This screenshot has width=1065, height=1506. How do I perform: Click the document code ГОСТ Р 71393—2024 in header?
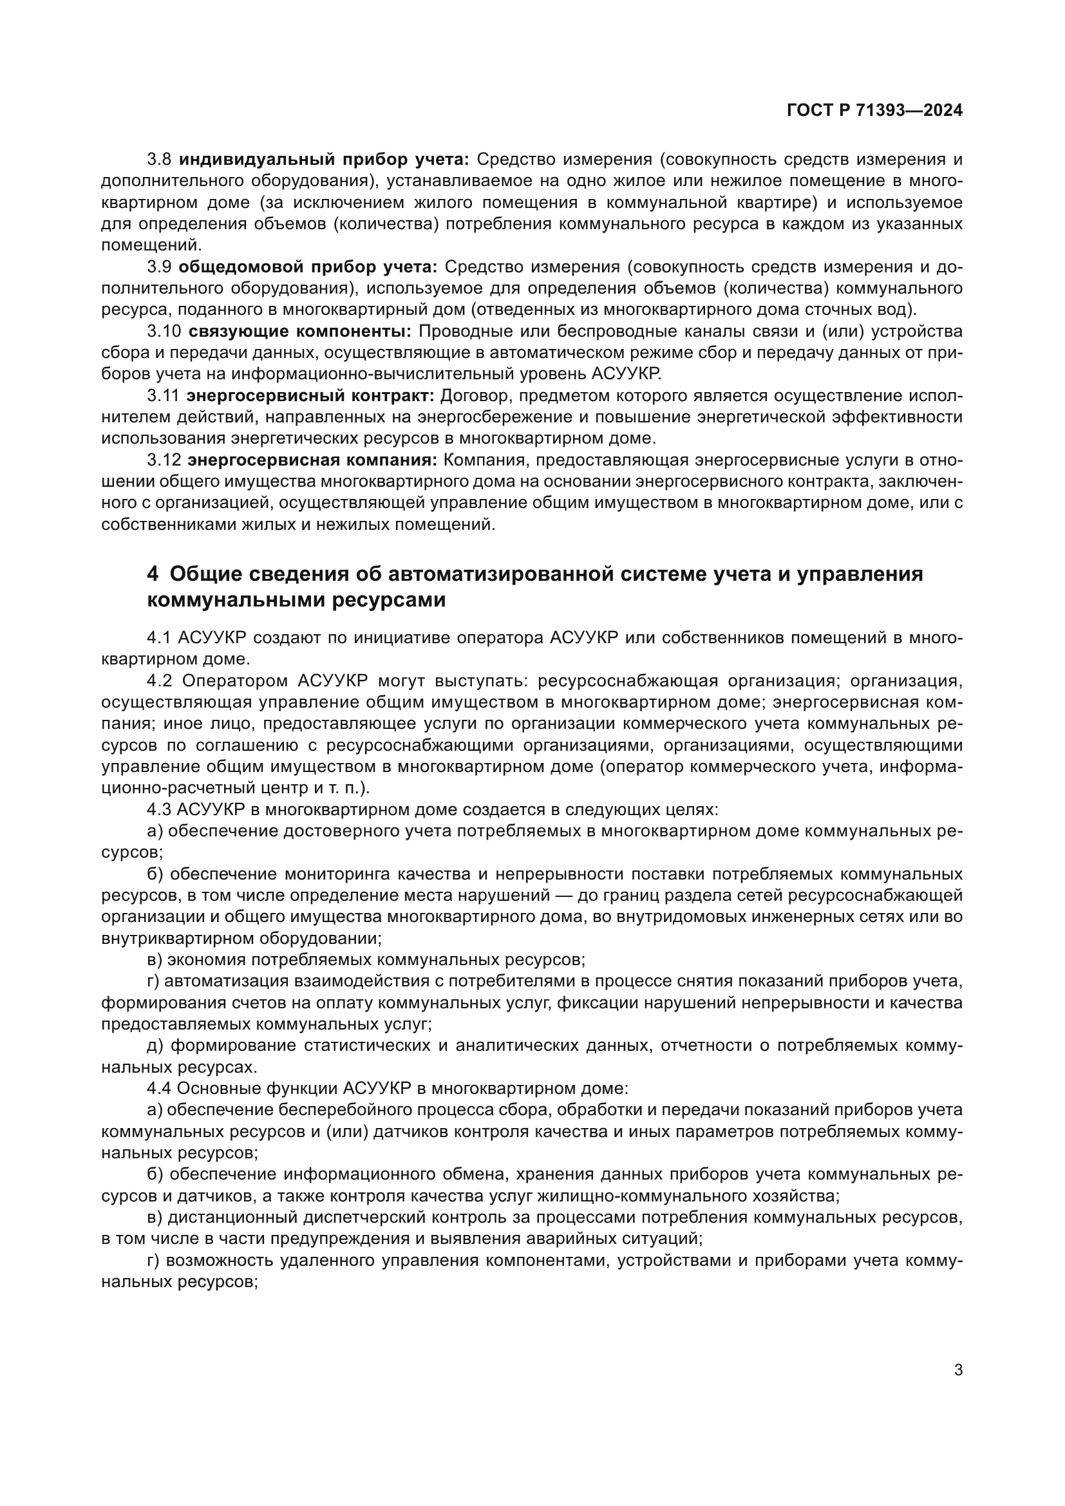pos(874,111)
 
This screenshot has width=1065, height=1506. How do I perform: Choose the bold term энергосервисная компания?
pos(312,460)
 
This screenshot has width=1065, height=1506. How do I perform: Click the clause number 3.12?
pos(164,460)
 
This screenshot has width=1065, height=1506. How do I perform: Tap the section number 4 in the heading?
pos(152,574)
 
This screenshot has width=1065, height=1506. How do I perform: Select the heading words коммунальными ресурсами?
pos(296,599)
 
